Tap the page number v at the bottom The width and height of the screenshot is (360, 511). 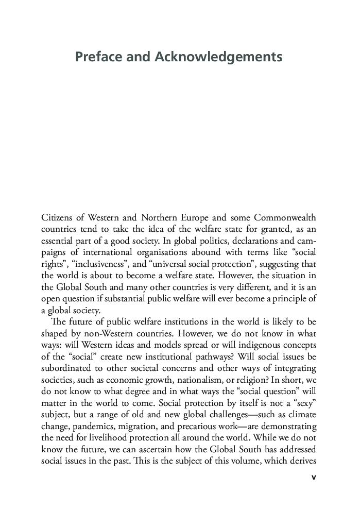(314, 477)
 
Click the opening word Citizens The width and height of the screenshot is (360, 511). (60, 217)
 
